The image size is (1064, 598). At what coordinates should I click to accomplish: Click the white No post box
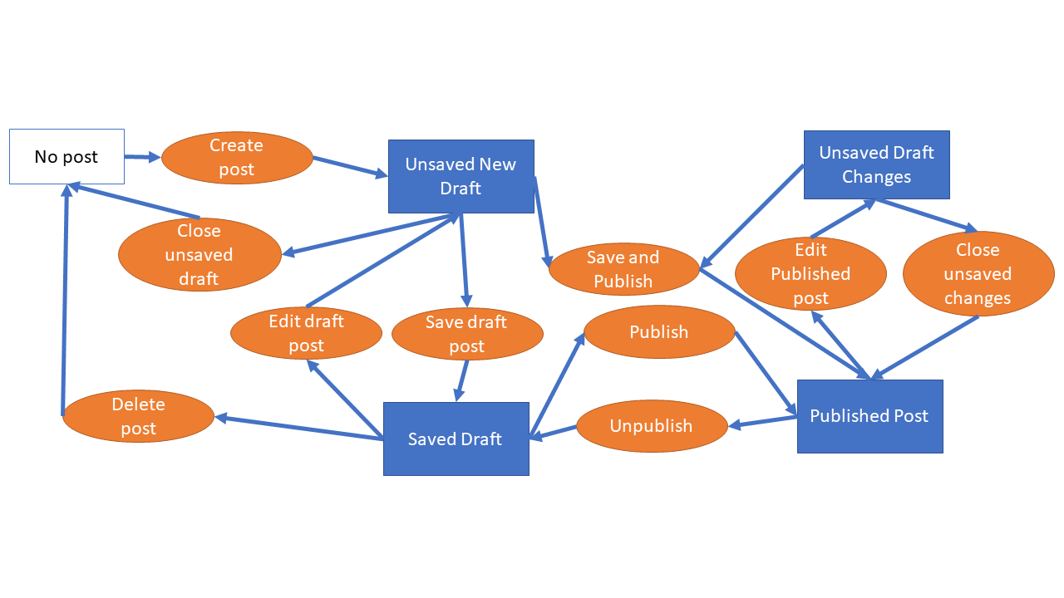(66, 156)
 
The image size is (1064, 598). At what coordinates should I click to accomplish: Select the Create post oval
(237, 157)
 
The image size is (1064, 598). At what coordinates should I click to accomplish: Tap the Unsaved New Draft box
(461, 176)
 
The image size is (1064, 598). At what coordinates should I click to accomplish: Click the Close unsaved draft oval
(199, 254)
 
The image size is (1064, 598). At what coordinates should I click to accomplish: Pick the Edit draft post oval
(306, 332)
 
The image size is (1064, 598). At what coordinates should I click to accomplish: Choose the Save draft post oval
(467, 333)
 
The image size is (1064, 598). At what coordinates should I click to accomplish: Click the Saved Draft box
(456, 439)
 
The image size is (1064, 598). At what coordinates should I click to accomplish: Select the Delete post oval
(138, 416)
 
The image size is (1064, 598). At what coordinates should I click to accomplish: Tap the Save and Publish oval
(623, 269)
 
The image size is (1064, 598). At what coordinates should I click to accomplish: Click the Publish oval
(659, 331)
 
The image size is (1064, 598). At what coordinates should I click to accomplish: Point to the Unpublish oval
(652, 426)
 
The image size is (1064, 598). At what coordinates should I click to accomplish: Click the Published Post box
(869, 416)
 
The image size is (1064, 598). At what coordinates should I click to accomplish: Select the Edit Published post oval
(810, 273)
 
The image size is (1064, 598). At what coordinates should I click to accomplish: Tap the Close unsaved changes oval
(978, 273)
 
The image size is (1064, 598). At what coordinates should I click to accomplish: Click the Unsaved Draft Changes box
(876, 164)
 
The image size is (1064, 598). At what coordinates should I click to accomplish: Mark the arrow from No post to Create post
(142, 156)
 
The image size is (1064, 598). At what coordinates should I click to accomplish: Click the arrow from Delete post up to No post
(65, 299)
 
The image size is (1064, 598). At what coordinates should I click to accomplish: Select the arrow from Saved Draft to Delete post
(299, 428)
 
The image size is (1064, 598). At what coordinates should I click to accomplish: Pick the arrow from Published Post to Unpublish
(763, 422)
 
